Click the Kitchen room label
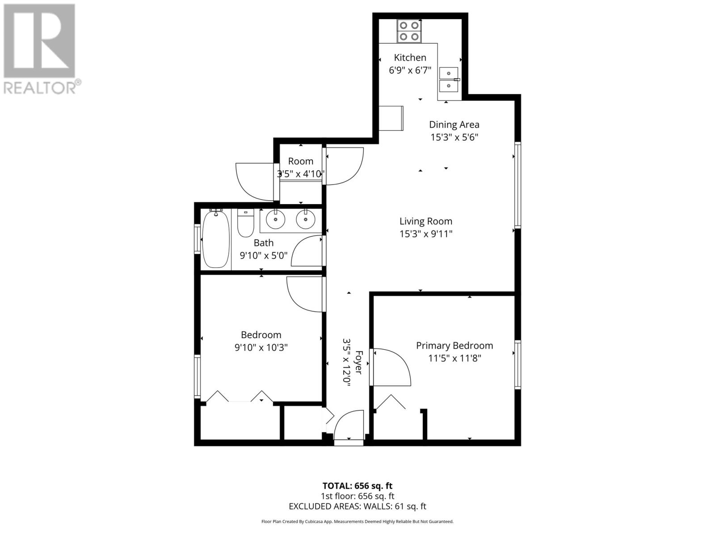click(410, 58)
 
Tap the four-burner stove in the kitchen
click(410, 31)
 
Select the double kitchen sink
click(449, 79)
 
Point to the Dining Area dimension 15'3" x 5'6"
click(454, 137)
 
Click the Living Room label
click(425, 221)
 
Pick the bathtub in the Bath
click(216, 239)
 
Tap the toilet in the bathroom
click(245, 223)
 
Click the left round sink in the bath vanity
click(275, 219)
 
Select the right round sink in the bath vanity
click(306, 219)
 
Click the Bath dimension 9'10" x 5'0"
click(264, 255)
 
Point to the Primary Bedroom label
click(454, 345)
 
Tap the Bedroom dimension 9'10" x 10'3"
click(261, 347)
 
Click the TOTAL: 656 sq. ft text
click(357, 486)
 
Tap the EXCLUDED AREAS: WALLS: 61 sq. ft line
click(357, 506)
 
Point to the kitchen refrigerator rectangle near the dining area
click(391, 118)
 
